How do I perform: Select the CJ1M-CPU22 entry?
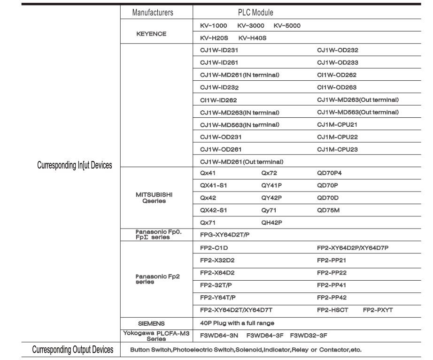337,137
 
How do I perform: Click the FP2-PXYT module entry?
377,310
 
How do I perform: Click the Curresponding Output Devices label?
72,349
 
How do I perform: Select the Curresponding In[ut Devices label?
74,166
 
